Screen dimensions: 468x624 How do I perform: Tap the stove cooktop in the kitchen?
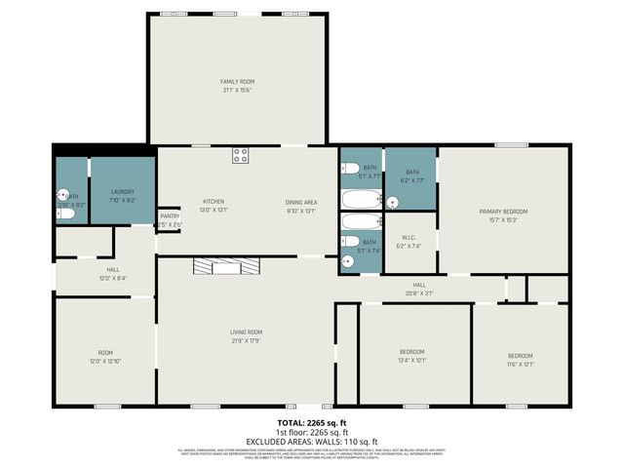point(240,155)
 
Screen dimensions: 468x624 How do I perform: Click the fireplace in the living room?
point(226,267)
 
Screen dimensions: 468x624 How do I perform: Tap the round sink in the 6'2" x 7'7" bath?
point(392,203)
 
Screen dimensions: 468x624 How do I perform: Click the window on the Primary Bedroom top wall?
point(511,145)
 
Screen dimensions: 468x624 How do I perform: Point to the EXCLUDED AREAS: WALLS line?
point(311,442)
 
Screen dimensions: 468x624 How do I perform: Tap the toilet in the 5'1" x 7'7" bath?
point(348,168)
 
